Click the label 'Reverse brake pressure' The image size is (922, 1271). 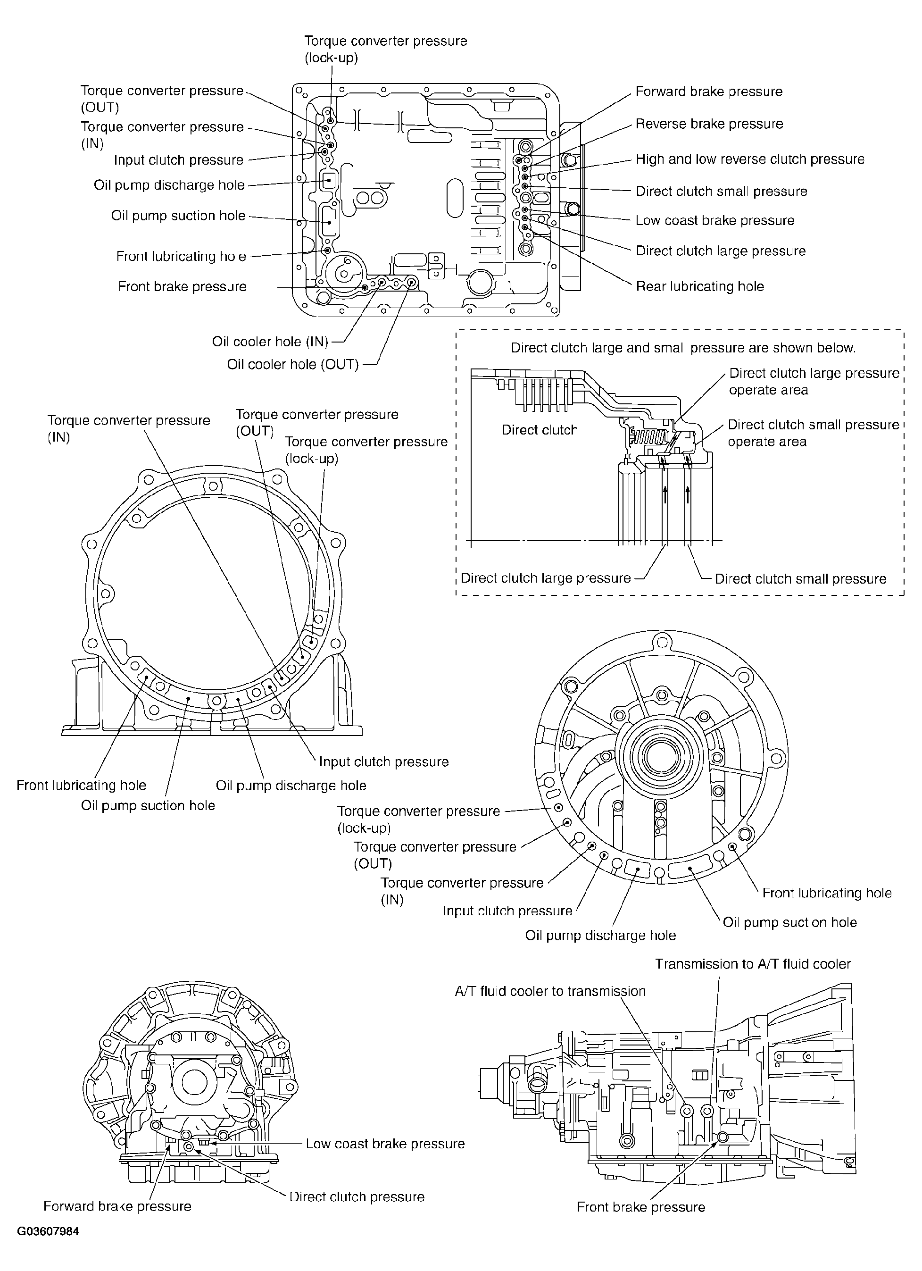pyautogui.click(x=709, y=124)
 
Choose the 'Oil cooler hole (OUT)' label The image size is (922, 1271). pyautogui.click(x=293, y=364)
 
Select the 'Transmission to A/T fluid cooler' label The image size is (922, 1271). pyautogui.click(x=753, y=964)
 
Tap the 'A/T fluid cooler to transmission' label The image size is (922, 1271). pyautogui.click(x=550, y=991)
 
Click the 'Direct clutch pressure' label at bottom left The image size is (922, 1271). pyautogui.click(x=357, y=1197)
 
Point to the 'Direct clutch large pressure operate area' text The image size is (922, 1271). pyautogui.click(x=814, y=382)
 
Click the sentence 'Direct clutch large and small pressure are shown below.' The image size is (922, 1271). pyautogui.click(x=683, y=348)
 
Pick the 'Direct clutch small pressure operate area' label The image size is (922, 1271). pyautogui.click(x=814, y=433)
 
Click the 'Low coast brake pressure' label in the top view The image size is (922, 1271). pyautogui.click(x=715, y=220)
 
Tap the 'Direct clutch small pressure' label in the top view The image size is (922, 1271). pyautogui.click(x=722, y=191)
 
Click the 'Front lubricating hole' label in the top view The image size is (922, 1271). pyautogui.click(x=182, y=256)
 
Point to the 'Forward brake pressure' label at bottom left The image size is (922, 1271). pyautogui.click(x=117, y=1206)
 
